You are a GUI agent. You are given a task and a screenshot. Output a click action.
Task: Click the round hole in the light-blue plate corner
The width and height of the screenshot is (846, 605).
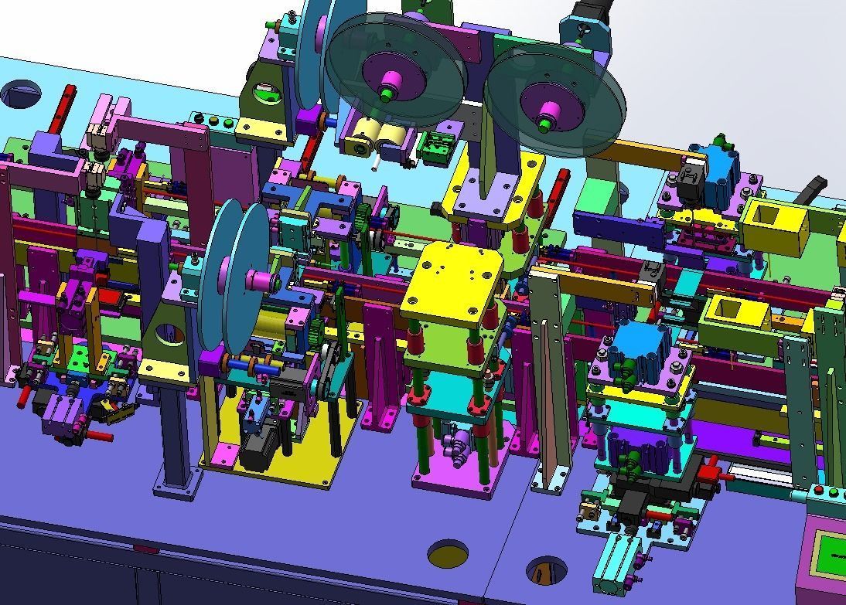pyautogui.click(x=20, y=93)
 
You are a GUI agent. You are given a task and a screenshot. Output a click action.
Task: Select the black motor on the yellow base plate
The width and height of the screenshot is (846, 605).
pyautogui.click(x=258, y=448)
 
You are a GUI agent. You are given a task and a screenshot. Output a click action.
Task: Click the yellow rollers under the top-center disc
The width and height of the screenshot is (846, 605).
pyautogui.click(x=371, y=142)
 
